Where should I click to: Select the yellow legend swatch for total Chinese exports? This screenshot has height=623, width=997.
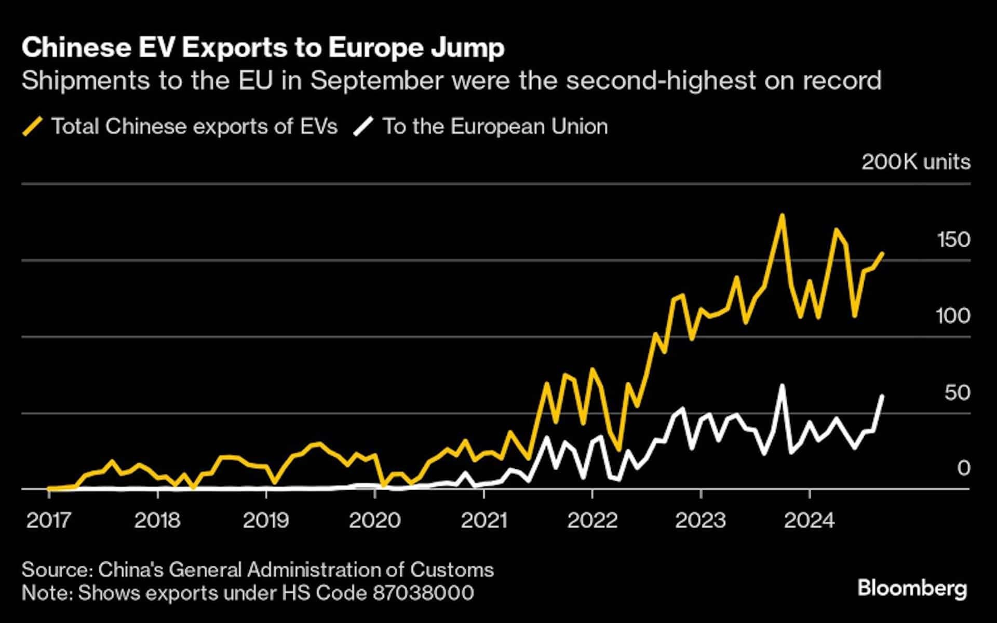coord(32,127)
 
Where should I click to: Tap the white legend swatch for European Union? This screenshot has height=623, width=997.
coord(363,127)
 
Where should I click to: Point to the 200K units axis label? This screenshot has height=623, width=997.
coord(915,162)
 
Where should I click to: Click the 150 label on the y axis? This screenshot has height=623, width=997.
coord(953,240)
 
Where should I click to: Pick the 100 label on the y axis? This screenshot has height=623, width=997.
coord(953,316)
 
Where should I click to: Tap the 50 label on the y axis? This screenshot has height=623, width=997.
coord(957,392)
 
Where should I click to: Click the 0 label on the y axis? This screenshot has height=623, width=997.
coord(964,468)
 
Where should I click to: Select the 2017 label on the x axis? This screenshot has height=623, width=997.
coord(49,520)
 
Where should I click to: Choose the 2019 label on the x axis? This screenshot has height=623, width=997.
coord(266,520)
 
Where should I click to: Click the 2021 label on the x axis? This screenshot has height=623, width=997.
coord(483,520)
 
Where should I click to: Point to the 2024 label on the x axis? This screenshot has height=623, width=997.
coord(809,520)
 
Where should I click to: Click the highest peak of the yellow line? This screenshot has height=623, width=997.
coord(782,215)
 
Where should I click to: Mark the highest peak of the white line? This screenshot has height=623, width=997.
coord(782,386)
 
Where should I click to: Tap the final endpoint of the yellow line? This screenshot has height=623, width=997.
coord(882,253)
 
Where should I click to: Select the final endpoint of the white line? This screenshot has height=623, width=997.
coord(882,396)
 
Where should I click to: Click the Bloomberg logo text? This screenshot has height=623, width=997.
coord(912,588)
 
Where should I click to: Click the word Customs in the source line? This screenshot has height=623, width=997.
coord(452,570)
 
